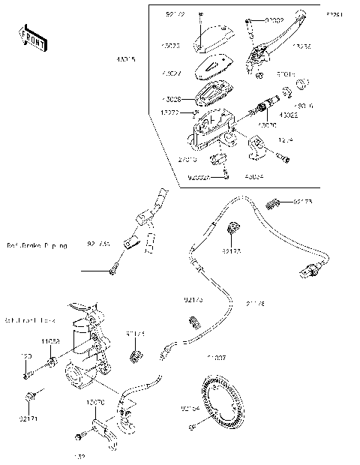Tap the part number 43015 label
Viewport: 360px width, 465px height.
click(x=125, y=59)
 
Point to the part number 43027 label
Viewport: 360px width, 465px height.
click(x=171, y=74)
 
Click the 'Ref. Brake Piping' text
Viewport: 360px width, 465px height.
click(x=37, y=245)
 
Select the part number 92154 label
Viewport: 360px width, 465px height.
click(x=189, y=409)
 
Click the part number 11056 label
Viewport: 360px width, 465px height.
click(x=50, y=341)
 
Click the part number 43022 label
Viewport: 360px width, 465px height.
click(x=289, y=115)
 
